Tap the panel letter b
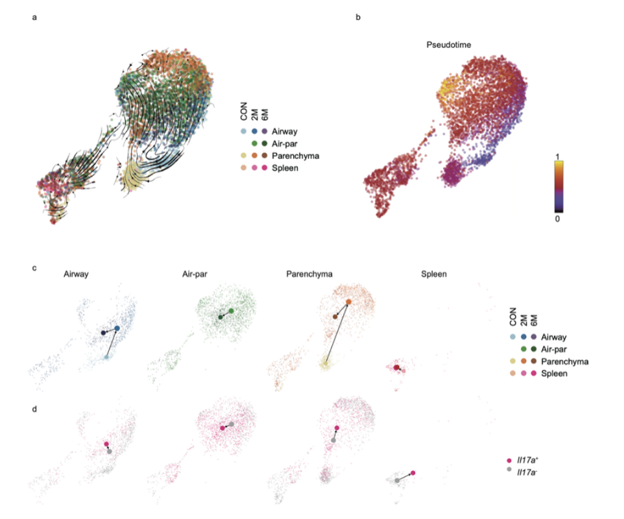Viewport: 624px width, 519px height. tap(358, 18)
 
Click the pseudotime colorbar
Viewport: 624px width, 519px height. tap(557, 187)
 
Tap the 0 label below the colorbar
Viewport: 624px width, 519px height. tap(557, 219)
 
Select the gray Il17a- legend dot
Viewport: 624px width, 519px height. tap(509, 469)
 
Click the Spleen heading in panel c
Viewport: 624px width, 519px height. tap(432, 274)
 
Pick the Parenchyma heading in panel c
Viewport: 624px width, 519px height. tap(309, 274)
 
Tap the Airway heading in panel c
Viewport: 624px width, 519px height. tap(77, 274)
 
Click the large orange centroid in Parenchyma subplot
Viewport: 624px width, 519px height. tap(349, 302)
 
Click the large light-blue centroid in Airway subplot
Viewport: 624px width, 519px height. tap(106, 357)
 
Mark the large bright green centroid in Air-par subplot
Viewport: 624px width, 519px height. tap(232, 311)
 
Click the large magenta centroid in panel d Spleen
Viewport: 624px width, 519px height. tap(413, 473)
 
